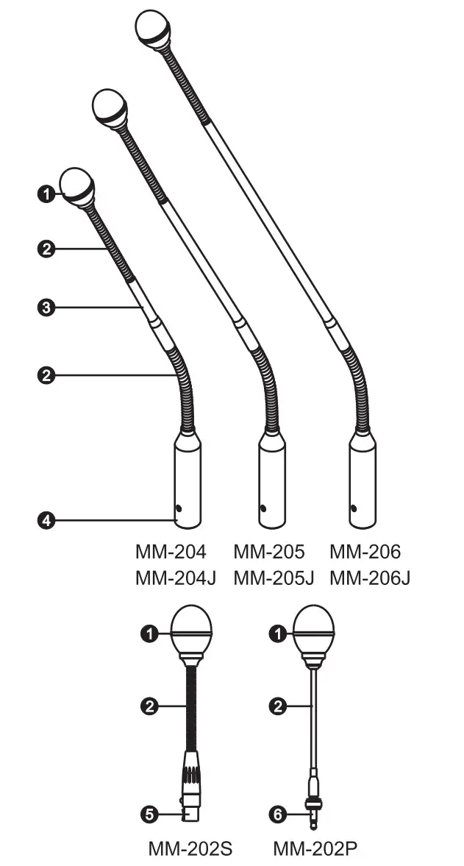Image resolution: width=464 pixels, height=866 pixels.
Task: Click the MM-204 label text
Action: point(171,552)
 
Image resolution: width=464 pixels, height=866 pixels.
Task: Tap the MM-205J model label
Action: point(274,578)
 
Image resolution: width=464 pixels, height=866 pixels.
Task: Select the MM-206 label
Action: point(365,552)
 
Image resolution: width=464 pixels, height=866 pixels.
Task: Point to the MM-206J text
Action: point(370,578)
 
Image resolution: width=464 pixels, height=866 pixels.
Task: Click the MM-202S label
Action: point(190,849)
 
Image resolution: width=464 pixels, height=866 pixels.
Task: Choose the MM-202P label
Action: point(316,849)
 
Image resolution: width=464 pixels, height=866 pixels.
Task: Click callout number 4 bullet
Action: point(46,520)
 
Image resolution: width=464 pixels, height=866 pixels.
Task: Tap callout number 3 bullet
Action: point(46,308)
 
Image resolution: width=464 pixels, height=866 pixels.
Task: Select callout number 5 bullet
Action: point(149,814)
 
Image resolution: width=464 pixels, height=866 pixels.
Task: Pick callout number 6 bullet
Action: point(277,814)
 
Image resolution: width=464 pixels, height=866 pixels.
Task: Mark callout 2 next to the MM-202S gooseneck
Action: point(149,706)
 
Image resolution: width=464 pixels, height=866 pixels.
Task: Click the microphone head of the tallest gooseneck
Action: point(154,30)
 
